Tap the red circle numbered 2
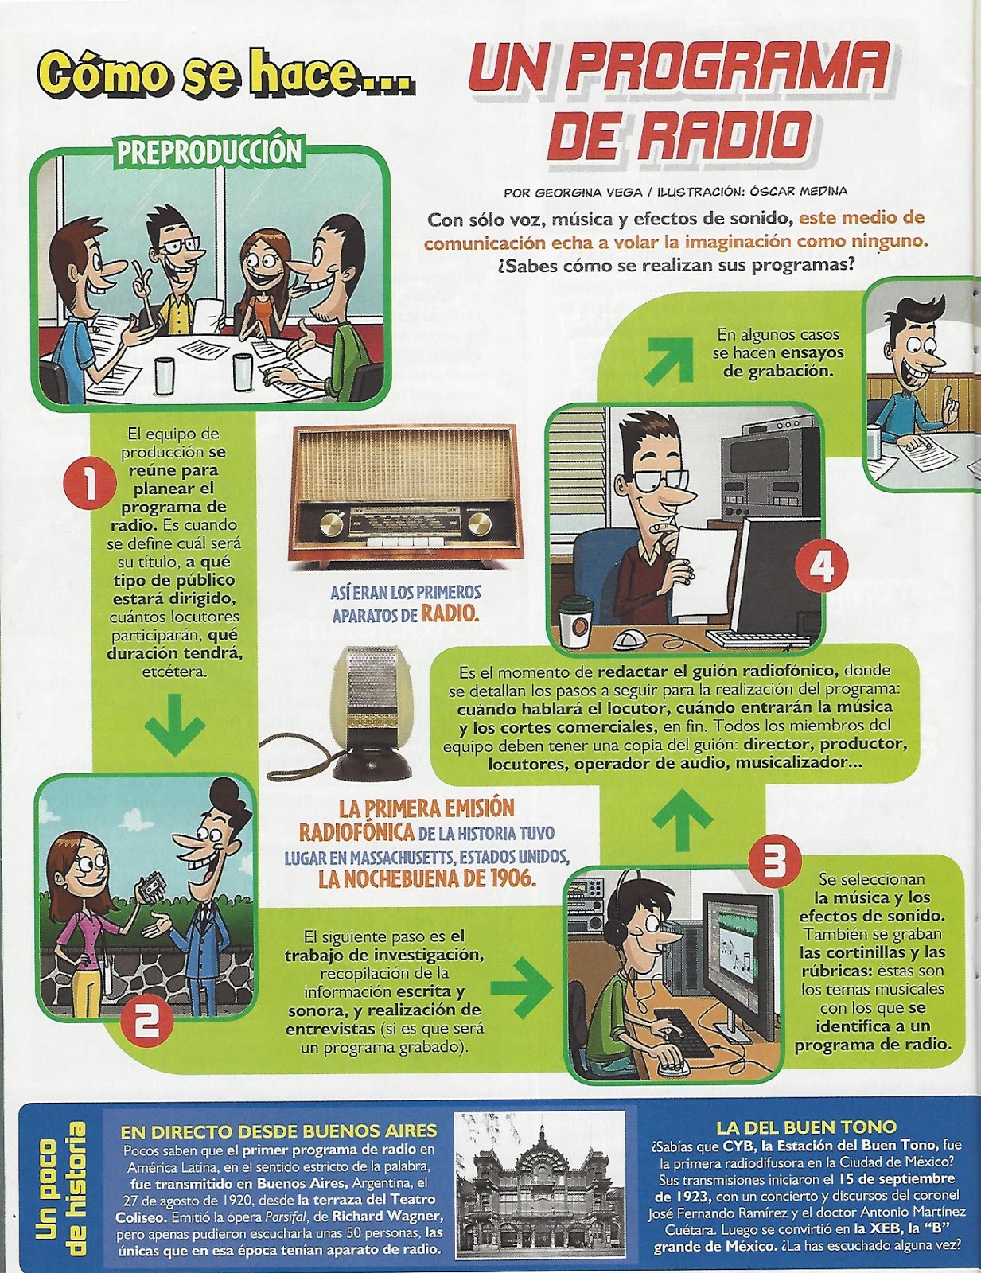click(x=146, y=1021)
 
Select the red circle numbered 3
click(x=773, y=862)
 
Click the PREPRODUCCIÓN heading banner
click(x=210, y=152)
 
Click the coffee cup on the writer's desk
click(x=576, y=624)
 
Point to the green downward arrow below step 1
click(x=175, y=723)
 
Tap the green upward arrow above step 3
click(x=682, y=820)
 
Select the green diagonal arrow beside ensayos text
click(x=668, y=360)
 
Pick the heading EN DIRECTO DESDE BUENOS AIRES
click(x=278, y=1131)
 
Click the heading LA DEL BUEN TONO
click(x=806, y=1127)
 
